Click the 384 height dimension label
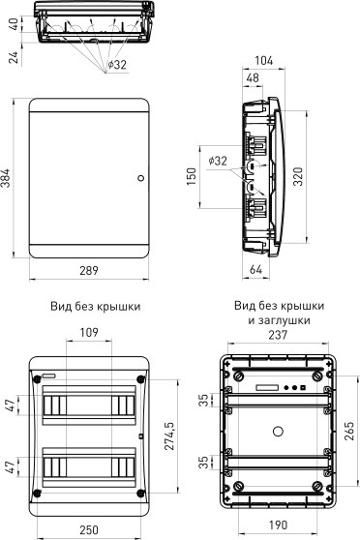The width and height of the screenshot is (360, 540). point(7,178)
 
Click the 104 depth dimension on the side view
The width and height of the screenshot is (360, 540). point(263,61)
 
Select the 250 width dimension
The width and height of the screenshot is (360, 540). point(88,531)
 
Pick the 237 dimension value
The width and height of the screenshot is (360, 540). point(277,335)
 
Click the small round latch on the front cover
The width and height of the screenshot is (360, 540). point(140,178)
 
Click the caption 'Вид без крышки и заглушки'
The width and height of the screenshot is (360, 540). point(278,312)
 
